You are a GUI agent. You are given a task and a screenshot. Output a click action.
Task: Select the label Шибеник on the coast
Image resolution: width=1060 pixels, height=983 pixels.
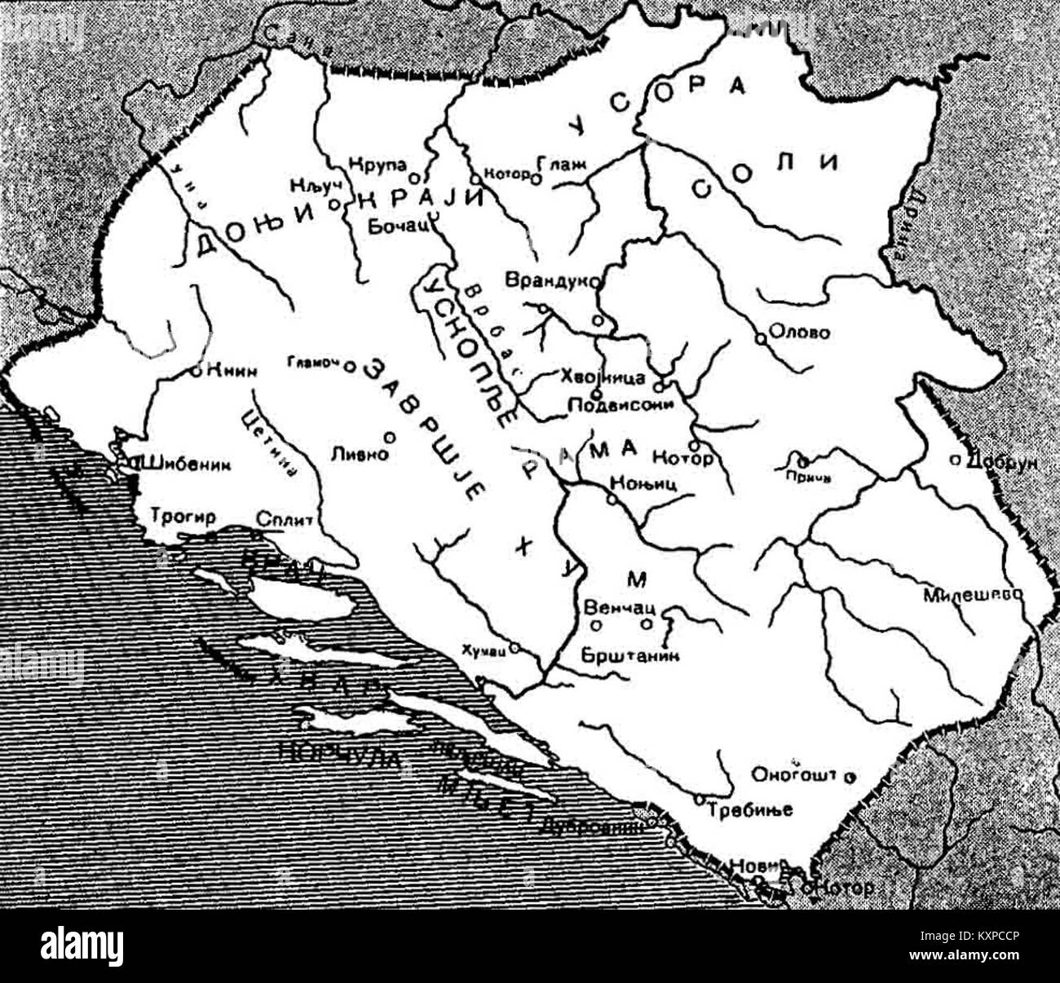point(186,465)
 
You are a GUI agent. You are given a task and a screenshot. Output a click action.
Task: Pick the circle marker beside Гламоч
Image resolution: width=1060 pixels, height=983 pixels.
point(349,366)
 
